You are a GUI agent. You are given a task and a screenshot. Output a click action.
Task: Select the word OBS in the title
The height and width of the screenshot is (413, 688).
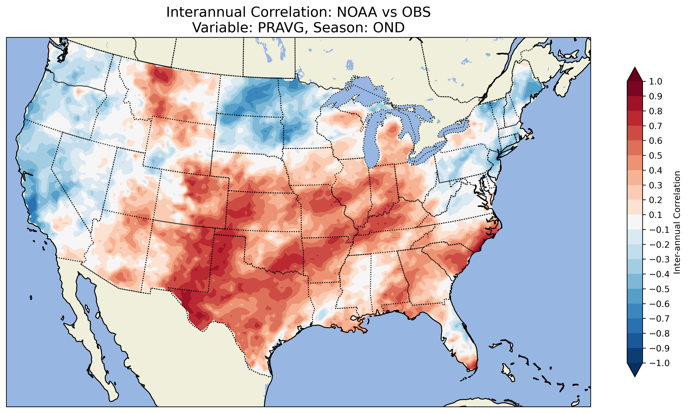(416, 12)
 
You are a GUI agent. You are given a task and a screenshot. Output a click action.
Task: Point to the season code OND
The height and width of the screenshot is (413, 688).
(389, 27)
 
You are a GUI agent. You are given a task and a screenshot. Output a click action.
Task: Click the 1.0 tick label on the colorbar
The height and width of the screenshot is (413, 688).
(656, 82)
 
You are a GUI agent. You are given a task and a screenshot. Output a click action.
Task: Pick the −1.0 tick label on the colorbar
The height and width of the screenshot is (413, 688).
(659, 363)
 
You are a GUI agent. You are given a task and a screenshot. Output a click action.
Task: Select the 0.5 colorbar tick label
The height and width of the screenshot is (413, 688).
(656, 155)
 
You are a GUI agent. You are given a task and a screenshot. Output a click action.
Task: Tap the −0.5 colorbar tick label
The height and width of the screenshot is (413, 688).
(659, 289)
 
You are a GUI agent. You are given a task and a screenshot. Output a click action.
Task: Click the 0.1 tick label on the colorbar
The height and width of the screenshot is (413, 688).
(656, 215)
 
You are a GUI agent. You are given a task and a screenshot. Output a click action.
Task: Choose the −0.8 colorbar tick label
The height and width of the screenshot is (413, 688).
(659, 333)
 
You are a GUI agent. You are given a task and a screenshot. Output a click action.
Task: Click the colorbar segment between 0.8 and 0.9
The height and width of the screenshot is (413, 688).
(635, 104)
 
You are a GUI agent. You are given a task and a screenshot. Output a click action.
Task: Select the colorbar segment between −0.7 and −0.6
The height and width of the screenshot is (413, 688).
(635, 311)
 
